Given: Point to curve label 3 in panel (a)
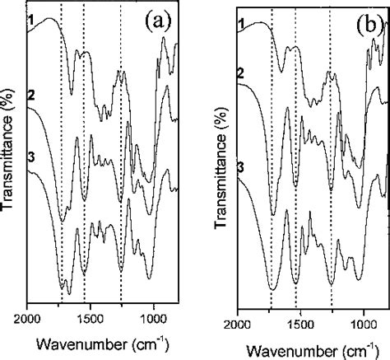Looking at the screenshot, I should [30, 169].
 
